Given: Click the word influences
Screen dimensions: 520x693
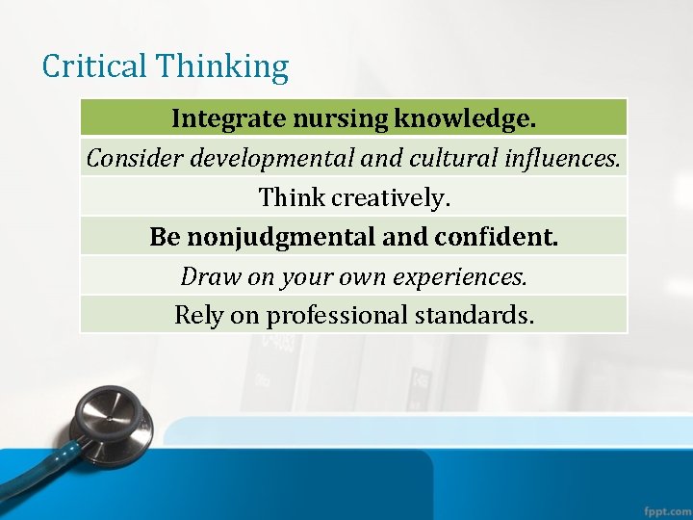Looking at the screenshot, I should pyautogui.click(x=567, y=158).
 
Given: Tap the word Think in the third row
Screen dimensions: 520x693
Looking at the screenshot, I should pyautogui.click(x=292, y=197).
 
